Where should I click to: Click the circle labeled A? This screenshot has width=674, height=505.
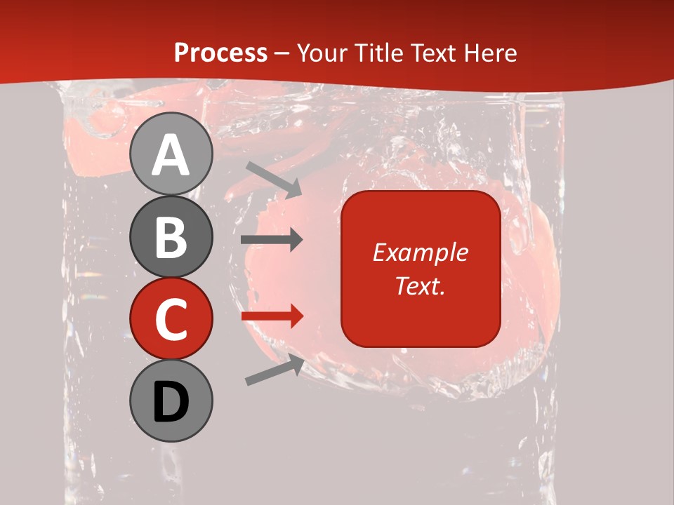pyautogui.click(x=171, y=154)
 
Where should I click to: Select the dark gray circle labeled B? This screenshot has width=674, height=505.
pyautogui.click(x=171, y=236)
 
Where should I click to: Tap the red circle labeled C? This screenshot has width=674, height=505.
pyautogui.click(x=171, y=318)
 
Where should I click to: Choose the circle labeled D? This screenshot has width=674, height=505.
pyautogui.click(x=171, y=400)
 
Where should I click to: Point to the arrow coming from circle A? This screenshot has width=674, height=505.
pyautogui.click(x=274, y=180)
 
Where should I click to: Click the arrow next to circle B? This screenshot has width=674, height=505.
pyautogui.click(x=272, y=240)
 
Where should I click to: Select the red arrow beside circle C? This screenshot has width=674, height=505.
pyautogui.click(x=272, y=316)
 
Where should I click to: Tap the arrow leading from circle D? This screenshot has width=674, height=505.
pyautogui.click(x=275, y=370)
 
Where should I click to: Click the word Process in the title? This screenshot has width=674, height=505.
pyautogui.click(x=220, y=53)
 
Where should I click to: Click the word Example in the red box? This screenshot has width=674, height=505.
pyautogui.click(x=421, y=252)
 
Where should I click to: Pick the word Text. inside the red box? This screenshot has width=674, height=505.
pyautogui.click(x=421, y=285)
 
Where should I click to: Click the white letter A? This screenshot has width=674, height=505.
pyautogui.click(x=171, y=155)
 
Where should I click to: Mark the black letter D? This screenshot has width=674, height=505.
pyautogui.click(x=171, y=402)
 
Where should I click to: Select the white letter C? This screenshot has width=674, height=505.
pyautogui.click(x=171, y=320)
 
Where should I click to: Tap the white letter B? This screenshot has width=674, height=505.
pyautogui.click(x=171, y=238)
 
